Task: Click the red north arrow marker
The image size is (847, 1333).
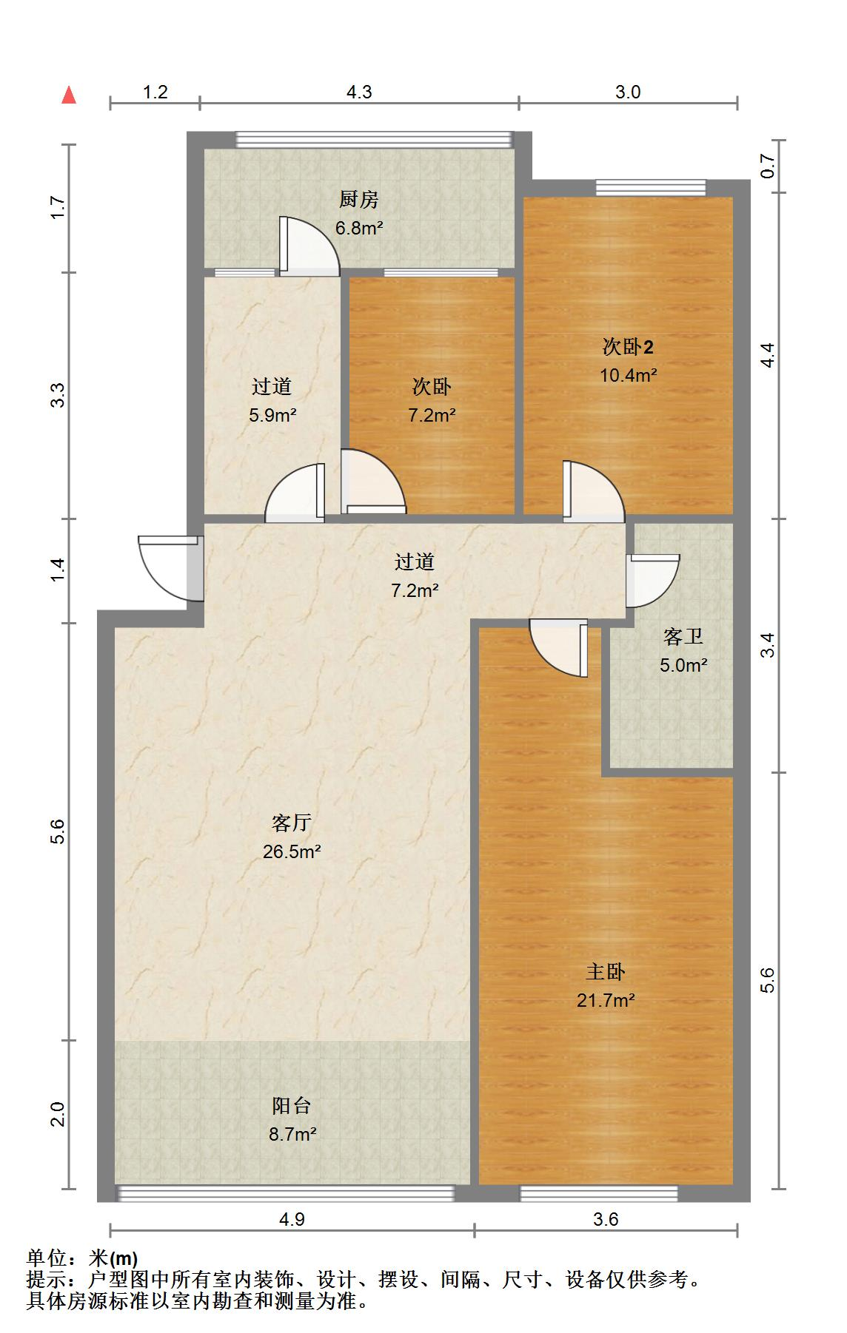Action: click(69, 95)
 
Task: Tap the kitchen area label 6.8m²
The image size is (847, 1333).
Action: click(359, 228)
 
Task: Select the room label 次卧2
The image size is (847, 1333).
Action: click(627, 346)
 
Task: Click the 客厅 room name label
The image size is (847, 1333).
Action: click(291, 823)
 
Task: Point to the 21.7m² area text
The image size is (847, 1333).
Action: click(606, 1000)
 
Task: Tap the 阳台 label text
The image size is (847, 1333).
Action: click(291, 1106)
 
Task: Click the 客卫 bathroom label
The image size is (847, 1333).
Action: click(683, 636)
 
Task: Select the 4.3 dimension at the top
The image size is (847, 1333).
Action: click(359, 92)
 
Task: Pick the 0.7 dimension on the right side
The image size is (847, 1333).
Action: click(767, 166)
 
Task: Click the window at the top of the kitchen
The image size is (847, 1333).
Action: click(374, 139)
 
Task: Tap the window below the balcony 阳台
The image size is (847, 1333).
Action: click(286, 1192)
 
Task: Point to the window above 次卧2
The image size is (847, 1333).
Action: click(650, 187)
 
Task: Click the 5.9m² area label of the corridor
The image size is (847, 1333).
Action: click(272, 415)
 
